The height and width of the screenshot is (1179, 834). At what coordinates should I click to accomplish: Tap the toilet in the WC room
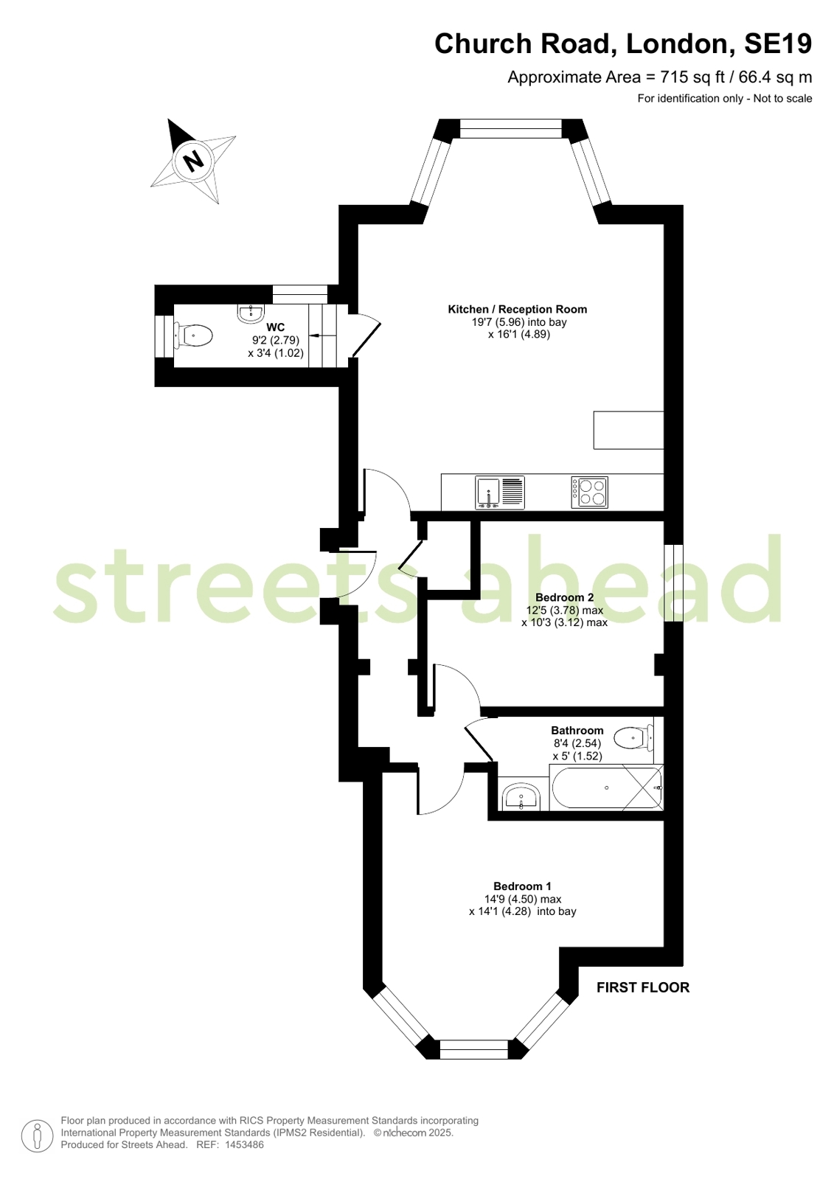point(193,335)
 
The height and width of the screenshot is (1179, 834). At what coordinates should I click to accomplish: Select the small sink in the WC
point(251,313)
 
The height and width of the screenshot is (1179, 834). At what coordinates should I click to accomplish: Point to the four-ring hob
point(590,492)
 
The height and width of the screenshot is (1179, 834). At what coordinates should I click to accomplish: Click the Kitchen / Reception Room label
point(517,309)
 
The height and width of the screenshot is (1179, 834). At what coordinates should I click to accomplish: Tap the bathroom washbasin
point(521,797)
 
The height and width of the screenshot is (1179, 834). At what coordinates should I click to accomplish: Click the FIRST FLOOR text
point(643,987)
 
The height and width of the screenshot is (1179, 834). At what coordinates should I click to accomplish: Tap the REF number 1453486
point(244,1144)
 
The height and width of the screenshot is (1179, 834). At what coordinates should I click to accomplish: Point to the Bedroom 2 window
point(673,582)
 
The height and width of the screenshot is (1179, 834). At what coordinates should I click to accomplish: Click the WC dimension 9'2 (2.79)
point(275,341)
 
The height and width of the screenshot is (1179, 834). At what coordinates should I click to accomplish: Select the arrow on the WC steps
point(316,335)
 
